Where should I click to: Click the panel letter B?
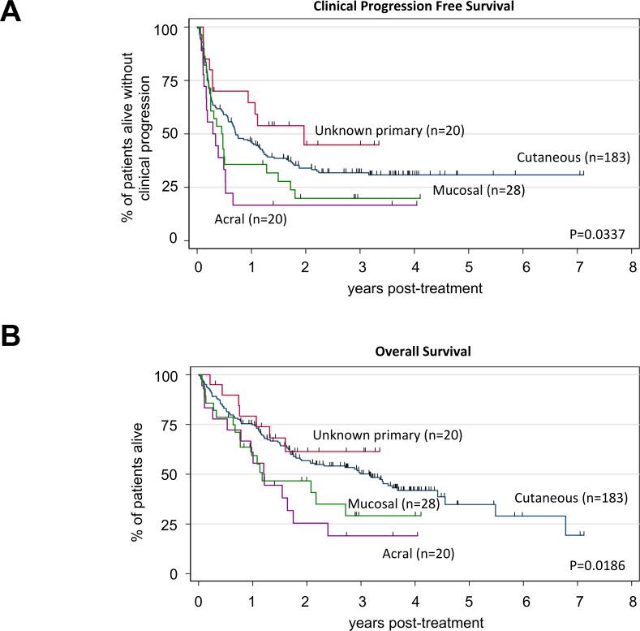(x=11, y=335)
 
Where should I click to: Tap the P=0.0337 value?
(x=599, y=236)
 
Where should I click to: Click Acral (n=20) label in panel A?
(x=250, y=218)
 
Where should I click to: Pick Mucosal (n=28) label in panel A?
(x=479, y=191)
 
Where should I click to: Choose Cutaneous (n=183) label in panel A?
(x=573, y=157)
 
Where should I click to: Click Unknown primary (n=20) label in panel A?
(x=389, y=130)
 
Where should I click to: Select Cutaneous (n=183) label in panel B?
(x=571, y=497)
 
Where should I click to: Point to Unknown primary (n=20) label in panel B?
(x=388, y=434)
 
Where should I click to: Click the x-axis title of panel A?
(x=416, y=287)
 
